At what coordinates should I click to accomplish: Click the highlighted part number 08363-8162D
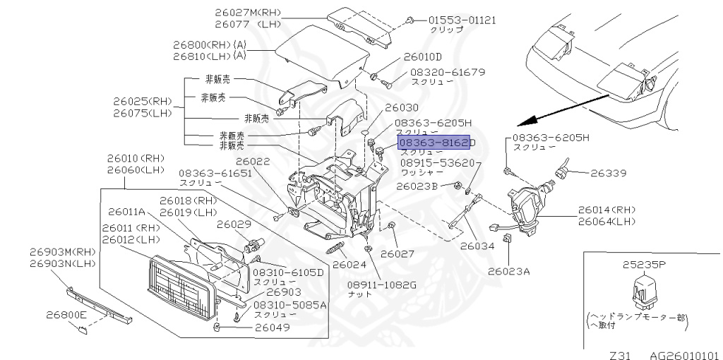pyautogui.click(x=438, y=143)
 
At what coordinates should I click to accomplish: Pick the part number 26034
pyautogui.click(x=479, y=246)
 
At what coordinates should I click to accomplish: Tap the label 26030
pyautogui.click(x=400, y=107)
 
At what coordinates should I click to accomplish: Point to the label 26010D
pyautogui.click(x=422, y=56)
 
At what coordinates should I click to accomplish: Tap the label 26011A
pyautogui.click(x=126, y=211)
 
